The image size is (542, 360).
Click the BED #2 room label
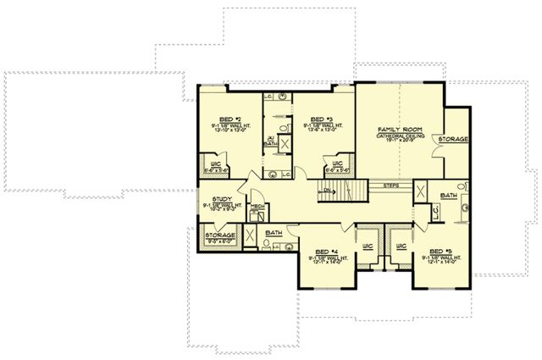226,119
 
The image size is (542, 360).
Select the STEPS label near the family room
391,185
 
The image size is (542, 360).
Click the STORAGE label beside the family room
454,138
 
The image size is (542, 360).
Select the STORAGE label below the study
220,235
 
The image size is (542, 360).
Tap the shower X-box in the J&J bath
285,144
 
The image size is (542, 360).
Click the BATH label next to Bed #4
274,232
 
